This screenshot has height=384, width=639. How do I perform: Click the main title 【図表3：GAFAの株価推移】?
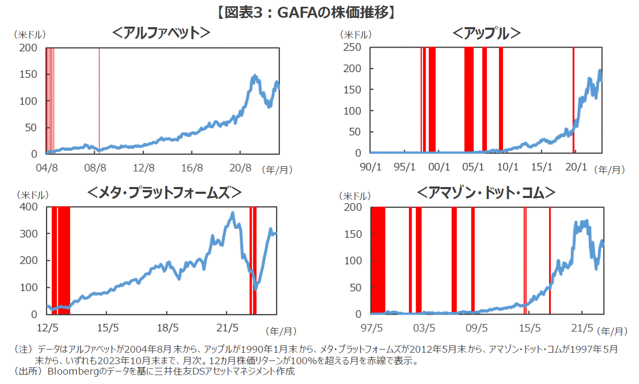[x=319, y=13]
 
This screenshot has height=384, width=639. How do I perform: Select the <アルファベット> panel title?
[x=161, y=33]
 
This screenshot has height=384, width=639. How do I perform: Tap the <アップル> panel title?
[x=486, y=33]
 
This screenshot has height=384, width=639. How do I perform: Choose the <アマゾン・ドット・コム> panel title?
[x=486, y=193]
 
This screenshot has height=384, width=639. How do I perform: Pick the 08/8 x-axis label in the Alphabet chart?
[x=95, y=168]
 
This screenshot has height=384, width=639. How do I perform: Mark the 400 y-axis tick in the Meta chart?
[x=28, y=207]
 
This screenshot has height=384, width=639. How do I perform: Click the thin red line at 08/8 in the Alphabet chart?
[x=99, y=99]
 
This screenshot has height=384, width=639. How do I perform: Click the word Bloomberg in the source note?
[x=69, y=372]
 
